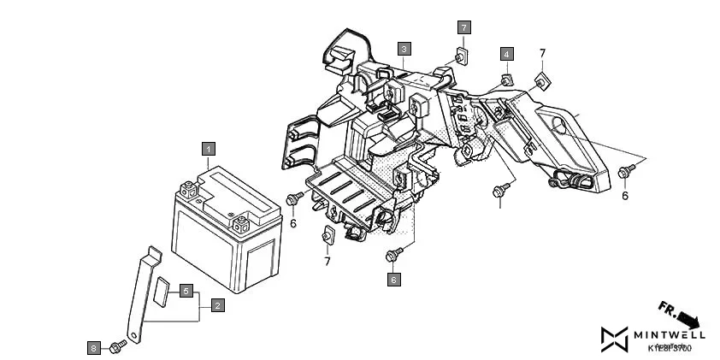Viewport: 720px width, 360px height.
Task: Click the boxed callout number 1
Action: (x=208, y=148)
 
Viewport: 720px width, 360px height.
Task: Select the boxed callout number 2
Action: (x=218, y=305)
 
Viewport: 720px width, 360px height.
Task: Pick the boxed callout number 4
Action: (x=506, y=55)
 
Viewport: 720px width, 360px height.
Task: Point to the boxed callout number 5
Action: (x=186, y=291)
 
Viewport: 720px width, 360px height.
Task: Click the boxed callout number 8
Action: (x=94, y=347)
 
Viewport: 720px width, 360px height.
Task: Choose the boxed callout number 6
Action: (x=393, y=280)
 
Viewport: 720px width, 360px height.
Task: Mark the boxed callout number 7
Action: (x=463, y=27)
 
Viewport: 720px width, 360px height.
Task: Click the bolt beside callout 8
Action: (x=119, y=344)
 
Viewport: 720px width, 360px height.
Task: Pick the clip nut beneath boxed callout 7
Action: (x=462, y=56)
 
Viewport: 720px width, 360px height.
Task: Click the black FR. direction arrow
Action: (x=682, y=314)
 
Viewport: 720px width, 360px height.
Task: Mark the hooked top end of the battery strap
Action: (x=152, y=252)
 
